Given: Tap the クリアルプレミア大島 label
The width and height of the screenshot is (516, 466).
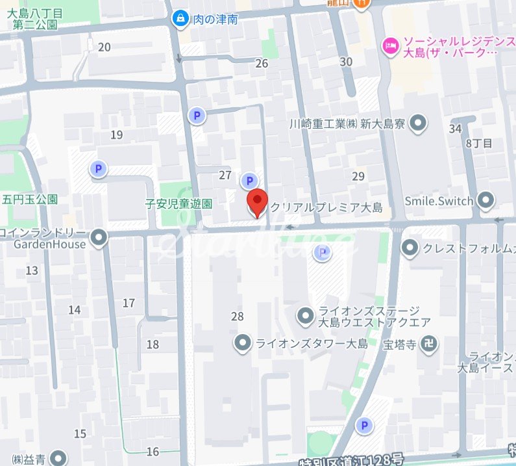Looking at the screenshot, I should [x=326, y=208].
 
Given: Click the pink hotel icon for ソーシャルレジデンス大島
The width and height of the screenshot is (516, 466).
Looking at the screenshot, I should [x=391, y=45].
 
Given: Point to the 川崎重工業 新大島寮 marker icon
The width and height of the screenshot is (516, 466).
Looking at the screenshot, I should [x=419, y=122].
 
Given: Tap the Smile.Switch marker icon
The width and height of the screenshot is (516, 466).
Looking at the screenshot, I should [x=485, y=201].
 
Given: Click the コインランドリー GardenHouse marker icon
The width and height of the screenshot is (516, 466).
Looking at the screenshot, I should [x=99, y=239].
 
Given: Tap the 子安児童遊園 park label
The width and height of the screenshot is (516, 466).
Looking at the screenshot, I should [x=178, y=203].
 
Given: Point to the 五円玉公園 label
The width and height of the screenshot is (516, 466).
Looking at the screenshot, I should [x=31, y=199].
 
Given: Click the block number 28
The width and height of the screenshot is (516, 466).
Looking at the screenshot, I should [x=237, y=317].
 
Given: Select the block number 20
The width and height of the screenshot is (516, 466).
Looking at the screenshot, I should [x=104, y=47].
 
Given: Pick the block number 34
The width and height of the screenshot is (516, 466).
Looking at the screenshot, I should [x=455, y=128].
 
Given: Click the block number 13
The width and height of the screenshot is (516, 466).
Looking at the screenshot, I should [x=32, y=270].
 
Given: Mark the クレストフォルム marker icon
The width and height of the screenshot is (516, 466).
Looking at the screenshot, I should [x=410, y=248].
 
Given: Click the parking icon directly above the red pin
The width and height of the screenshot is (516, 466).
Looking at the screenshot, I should [x=248, y=181].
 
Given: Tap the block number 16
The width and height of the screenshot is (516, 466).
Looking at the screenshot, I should [x=153, y=452].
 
